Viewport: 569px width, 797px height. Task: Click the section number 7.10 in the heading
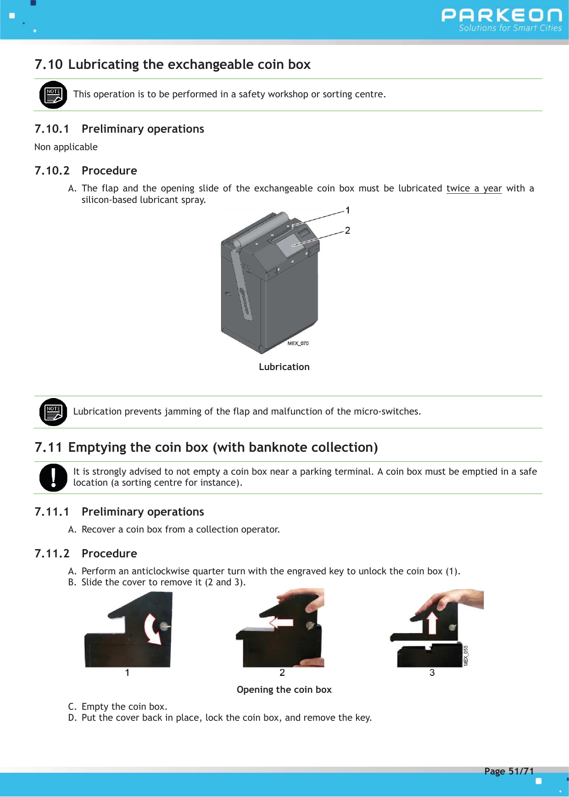pos(48,64)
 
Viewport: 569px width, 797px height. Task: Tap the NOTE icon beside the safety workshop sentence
pos(53,95)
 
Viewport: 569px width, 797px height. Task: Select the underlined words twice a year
pos(474,188)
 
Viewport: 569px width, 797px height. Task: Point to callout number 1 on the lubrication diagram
pos(348,210)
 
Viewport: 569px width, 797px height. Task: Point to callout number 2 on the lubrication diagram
pos(348,230)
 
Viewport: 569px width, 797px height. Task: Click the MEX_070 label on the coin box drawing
pos(298,343)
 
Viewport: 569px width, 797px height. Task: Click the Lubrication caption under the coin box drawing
pos(284,367)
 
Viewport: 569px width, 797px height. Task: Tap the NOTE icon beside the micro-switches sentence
pos(53,412)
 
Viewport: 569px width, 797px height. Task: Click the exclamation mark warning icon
pos(53,477)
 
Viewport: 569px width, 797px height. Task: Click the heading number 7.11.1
pos(52,512)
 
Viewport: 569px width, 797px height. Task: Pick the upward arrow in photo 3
pos(432,623)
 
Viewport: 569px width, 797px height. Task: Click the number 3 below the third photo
pos(432,673)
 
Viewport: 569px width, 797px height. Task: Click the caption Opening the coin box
pos(284,690)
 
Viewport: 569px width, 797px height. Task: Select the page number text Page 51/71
pos(509,771)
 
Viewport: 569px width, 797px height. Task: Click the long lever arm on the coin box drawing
pos(242,285)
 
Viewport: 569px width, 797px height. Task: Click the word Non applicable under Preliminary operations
pos(66,147)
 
